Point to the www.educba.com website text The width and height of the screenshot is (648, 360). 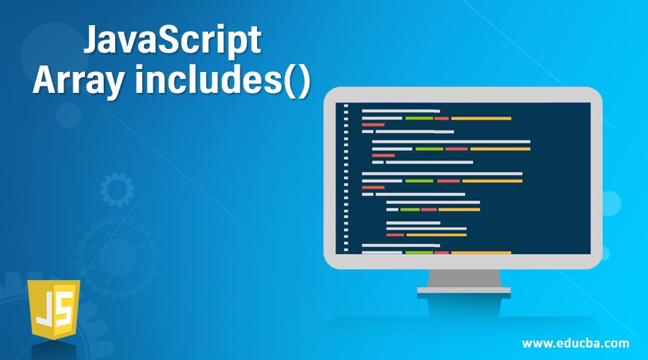[x=575, y=342]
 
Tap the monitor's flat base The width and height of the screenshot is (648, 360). [x=464, y=290]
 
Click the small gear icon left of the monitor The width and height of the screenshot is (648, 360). [x=117, y=190]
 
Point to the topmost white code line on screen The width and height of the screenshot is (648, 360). [x=400, y=111]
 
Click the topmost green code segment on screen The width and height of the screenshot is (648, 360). [x=419, y=118]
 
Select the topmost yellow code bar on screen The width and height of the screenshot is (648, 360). [x=481, y=118]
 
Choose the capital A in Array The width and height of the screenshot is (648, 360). [x=44, y=82]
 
